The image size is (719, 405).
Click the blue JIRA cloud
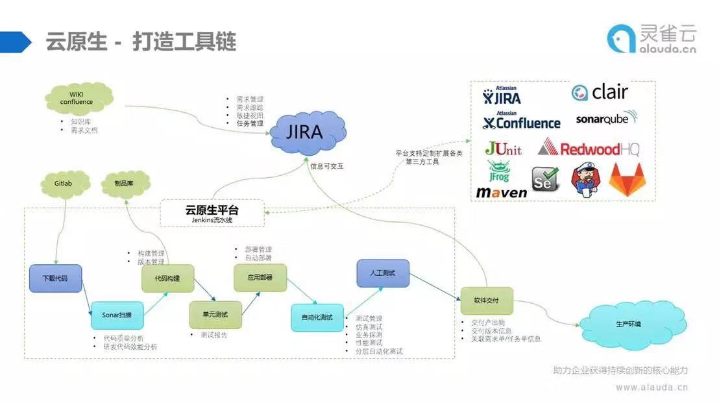305,132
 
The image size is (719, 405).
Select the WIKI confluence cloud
77,99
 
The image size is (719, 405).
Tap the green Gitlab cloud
64,184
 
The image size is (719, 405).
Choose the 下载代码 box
55,278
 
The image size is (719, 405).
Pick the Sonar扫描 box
117,315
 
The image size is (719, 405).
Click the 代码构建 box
167,278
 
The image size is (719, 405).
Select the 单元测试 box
215,315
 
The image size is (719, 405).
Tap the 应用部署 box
260,278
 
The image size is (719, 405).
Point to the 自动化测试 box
317,317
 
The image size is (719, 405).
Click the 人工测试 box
383,273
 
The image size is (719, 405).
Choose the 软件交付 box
487,301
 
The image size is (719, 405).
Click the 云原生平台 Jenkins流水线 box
212,214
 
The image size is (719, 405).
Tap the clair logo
600,92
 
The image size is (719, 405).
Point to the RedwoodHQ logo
589,149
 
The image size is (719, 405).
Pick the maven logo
502,193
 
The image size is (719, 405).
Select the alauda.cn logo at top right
652,38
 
